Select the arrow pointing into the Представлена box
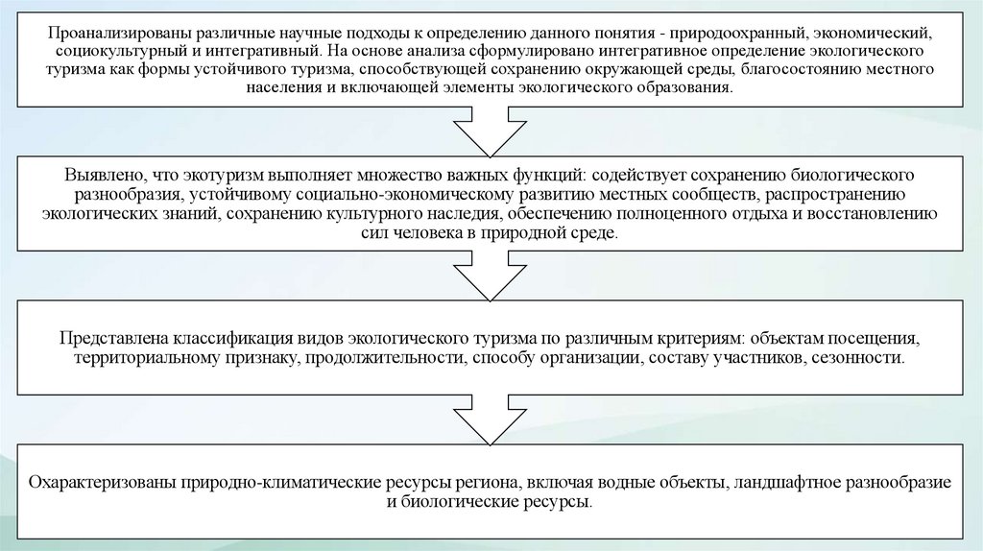pyautogui.click(x=491, y=278)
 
